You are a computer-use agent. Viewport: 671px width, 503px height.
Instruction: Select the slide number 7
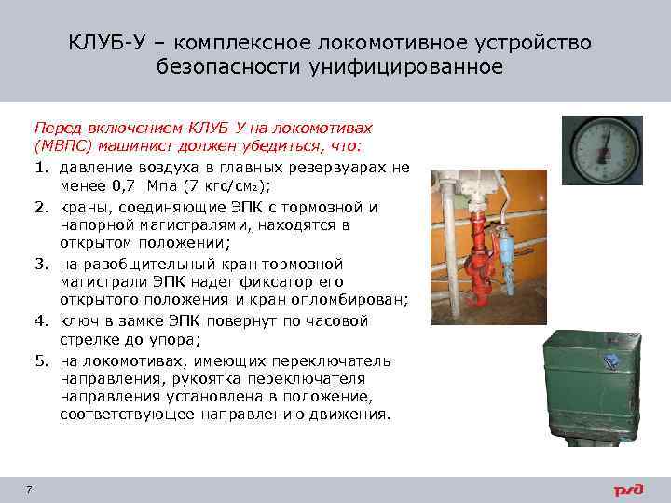tap(31, 490)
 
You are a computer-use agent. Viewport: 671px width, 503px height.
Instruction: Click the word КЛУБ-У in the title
tap(103, 44)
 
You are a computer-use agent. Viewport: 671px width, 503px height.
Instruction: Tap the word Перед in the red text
tap(57, 128)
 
